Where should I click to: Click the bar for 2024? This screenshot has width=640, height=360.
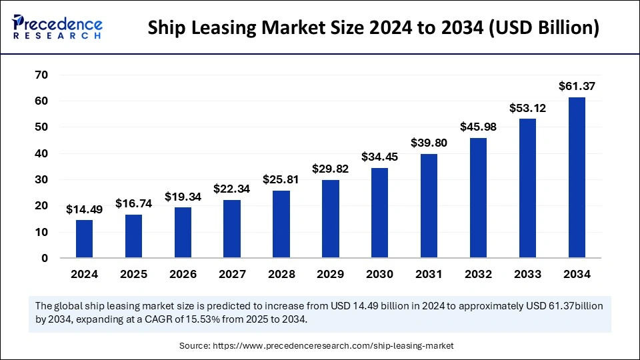pos(84,239)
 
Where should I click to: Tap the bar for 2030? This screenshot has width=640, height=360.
pos(379,213)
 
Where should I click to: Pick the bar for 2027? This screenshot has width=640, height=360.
pos(231,229)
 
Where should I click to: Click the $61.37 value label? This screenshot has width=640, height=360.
pos(577,86)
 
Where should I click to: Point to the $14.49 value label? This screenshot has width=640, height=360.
pos(84,209)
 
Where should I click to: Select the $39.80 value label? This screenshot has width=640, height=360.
pos(429,143)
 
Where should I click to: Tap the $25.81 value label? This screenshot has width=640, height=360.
pos(281,179)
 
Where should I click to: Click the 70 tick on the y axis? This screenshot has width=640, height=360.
pos(41,75)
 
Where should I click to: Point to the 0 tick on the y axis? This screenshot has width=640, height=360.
pos(45,258)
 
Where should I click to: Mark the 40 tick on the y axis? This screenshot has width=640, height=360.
pos(41,153)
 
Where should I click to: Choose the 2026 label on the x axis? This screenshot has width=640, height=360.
pos(183,274)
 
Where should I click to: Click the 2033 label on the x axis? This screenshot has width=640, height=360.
pos(527,274)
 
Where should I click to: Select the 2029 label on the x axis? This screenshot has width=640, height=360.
pos(330,274)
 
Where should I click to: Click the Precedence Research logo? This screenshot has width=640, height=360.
pos(57,27)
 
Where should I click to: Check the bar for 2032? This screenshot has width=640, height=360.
pos(478,198)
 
